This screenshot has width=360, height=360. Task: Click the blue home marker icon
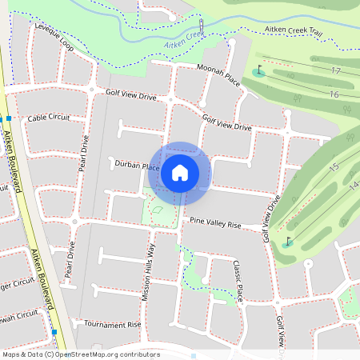[x=180, y=172]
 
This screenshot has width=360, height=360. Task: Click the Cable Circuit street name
[x=48, y=118]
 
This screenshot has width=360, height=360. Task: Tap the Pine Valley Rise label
[x=215, y=223]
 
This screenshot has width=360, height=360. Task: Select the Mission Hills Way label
[x=148, y=272]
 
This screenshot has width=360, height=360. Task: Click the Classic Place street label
[x=238, y=280]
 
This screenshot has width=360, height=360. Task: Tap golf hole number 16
[x=334, y=95]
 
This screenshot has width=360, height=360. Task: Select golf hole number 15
[x=334, y=166]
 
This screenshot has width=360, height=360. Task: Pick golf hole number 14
[x=353, y=186]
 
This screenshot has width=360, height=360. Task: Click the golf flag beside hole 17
[x=258, y=70]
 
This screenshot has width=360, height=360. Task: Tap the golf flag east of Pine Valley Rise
[x=287, y=240]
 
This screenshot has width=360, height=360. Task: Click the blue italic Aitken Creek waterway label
[x=184, y=42]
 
